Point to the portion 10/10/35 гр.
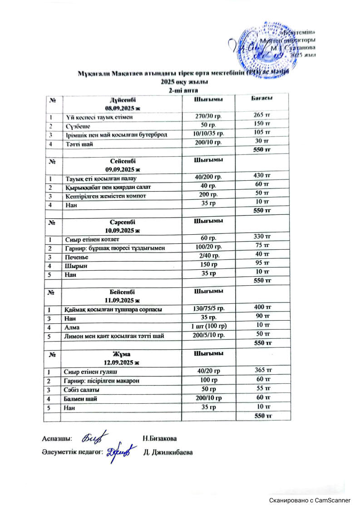click(x=208, y=134)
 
